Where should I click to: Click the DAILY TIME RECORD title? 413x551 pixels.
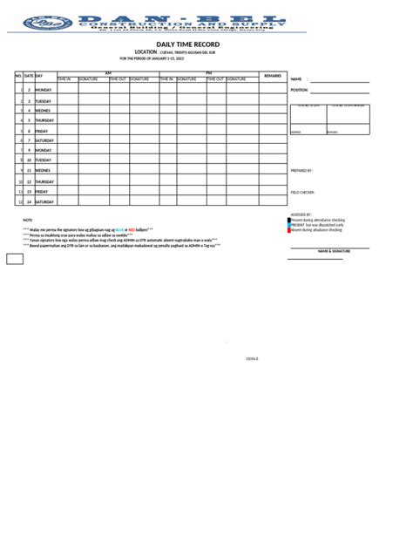coord(188,44)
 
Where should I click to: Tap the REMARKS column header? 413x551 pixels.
coord(272,76)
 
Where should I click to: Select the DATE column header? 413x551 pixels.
coord(29,76)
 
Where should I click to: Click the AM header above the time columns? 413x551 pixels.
coord(108,73)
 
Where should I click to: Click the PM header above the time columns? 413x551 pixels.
coord(208,73)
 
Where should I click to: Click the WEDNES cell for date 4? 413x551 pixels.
coord(43,111)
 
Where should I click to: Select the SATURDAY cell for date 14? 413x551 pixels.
coord(44,201)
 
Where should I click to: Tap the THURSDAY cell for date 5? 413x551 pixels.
coord(44,120)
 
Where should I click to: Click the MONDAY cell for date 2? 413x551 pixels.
coord(44,90)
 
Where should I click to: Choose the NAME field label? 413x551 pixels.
coord(295,78)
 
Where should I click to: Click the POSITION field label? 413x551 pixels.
coord(299,90)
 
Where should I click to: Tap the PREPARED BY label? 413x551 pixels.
coord(301,171)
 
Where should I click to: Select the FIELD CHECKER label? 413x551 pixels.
coord(302,192)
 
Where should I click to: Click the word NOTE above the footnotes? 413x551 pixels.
coord(27,221)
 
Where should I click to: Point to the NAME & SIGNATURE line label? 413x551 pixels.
coord(333,251)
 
